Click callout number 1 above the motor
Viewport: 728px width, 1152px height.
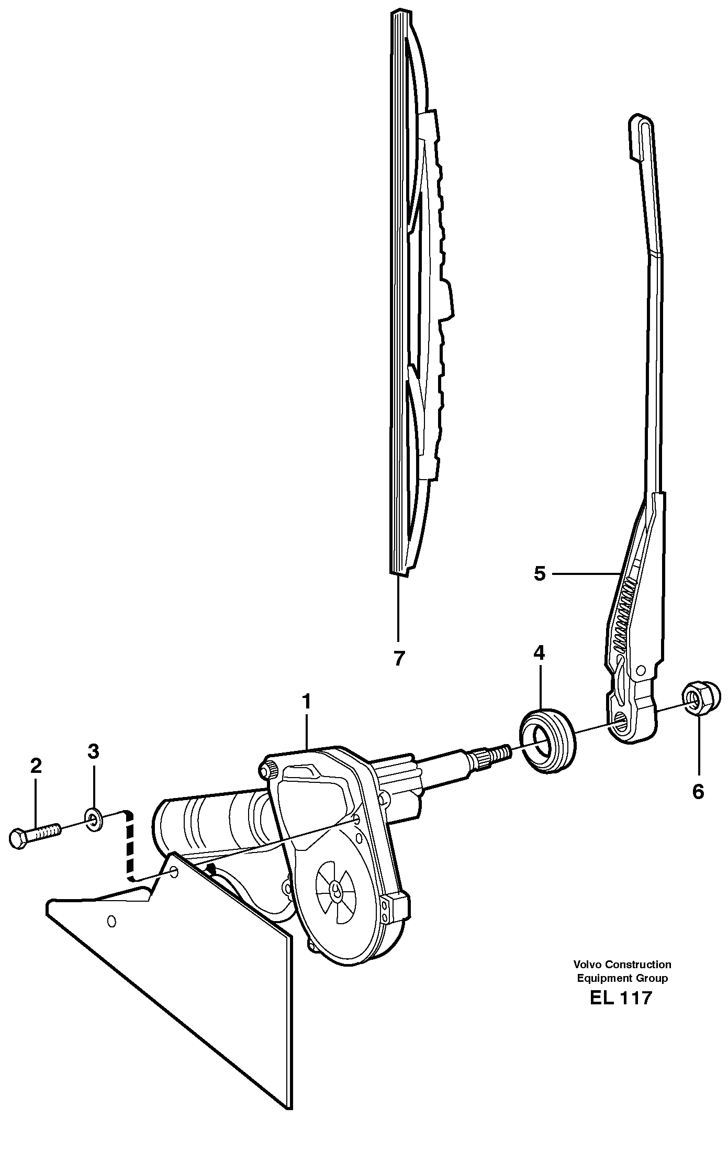coord(306,702)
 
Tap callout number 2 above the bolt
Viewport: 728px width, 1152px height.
coord(36,767)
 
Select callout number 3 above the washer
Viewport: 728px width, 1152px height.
coord(93,752)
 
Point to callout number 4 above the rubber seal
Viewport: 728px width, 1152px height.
coord(539,652)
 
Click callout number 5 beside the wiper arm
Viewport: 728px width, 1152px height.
coord(540,574)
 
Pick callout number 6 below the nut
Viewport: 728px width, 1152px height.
coord(698,792)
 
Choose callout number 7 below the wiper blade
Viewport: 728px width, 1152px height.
coord(399,658)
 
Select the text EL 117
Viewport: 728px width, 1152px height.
coord(621,998)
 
